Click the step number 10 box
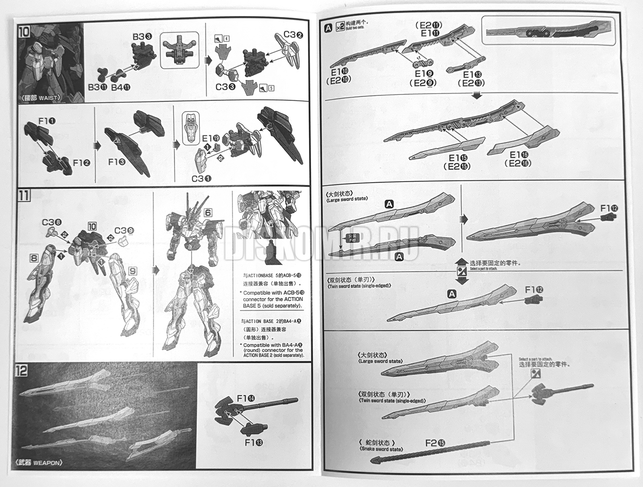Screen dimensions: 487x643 click(x=23, y=32)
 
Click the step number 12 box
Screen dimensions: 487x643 click(x=22, y=370)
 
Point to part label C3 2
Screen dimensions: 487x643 click(x=293, y=35)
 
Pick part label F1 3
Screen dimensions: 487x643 click(x=117, y=161)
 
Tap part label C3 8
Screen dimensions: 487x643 click(x=52, y=223)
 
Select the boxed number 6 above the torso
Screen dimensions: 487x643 click(x=207, y=212)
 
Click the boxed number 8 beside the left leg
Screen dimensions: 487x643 click(x=34, y=258)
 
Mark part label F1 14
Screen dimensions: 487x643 click(x=245, y=398)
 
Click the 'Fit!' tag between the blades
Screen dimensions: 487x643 click(x=352, y=238)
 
